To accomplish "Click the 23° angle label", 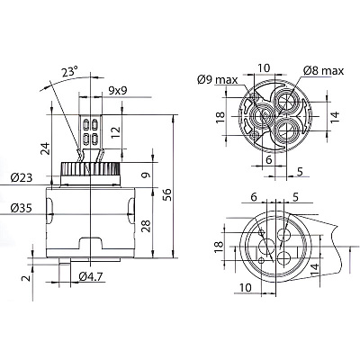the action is click(70, 72).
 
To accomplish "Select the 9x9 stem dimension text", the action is click(117, 90).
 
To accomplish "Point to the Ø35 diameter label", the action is click(21, 208).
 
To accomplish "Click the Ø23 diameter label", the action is click(21, 178).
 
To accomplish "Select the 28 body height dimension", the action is click(146, 225).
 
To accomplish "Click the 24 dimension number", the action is click(46, 148).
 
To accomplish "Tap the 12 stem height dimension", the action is click(115, 132).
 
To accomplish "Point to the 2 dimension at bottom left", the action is click(27, 278).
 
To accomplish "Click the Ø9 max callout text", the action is click(217, 80).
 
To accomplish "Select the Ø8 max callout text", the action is click(323, 71).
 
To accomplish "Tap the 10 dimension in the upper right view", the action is click(264, 68).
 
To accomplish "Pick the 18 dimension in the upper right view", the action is click(220, 118).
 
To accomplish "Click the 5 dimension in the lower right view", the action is click(295, 197).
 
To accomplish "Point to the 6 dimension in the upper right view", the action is click(269, 160).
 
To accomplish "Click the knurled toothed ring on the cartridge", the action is click(91, 168).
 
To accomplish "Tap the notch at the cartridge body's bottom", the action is click(90, 243).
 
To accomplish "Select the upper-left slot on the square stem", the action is click(85, 124).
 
